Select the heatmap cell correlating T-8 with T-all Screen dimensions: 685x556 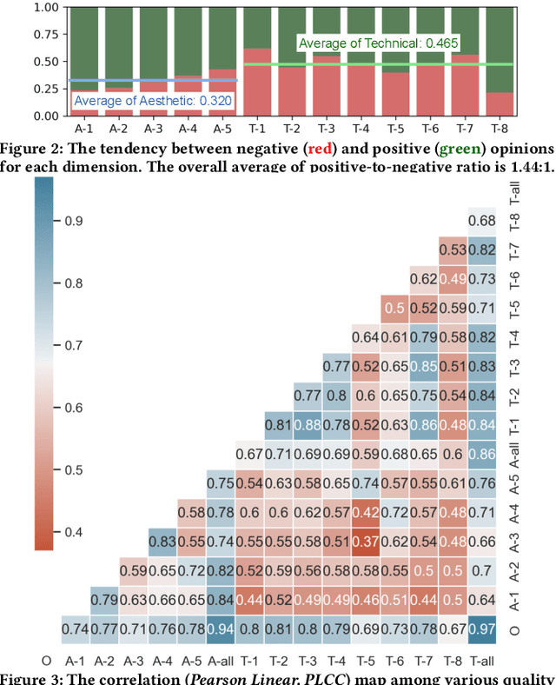pyautogui.click(x=483, y=220)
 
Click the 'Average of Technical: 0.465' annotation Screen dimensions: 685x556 pyautogui.click(x=378, y=43)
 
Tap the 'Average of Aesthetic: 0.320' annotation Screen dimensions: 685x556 pyautogui.click(x=153, y=100)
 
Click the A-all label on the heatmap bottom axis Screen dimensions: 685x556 pyautogui.click(x=221, y=660)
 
